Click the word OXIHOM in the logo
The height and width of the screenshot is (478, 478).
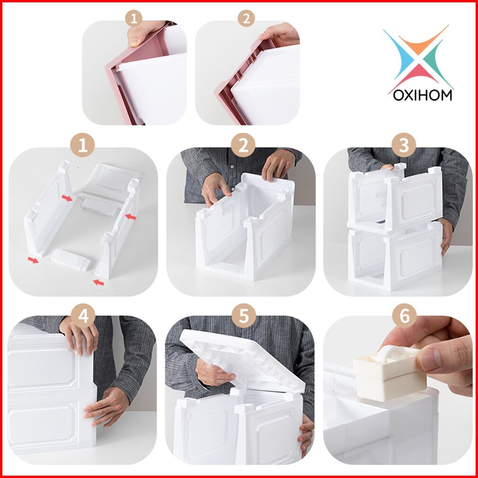click(422, 95)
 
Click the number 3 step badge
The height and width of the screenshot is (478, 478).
click(404, 145)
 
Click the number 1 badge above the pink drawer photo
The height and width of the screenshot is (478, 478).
click(134, 18)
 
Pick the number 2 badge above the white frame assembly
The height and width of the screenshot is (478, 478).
click(243, 145)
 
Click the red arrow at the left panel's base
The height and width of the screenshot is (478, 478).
click(33, 260)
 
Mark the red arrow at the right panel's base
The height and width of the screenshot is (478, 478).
click(98, 283)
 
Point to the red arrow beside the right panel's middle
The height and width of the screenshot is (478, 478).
click(131, 217)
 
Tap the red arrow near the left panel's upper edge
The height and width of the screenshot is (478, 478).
click(67, 198)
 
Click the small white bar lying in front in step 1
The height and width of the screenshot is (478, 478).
click(71, 260)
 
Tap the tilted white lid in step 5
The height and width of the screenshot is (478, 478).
click(242, 360)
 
